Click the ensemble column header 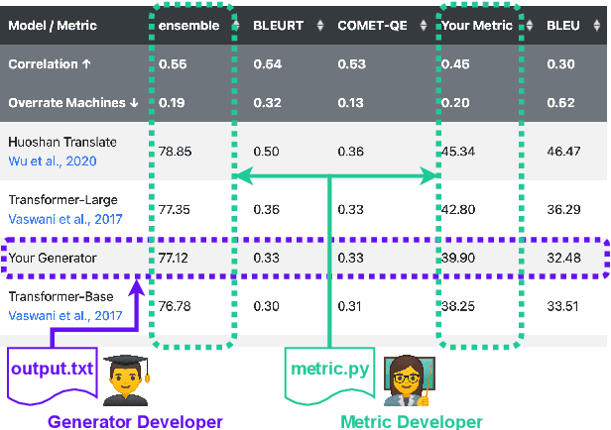(x=188, y=25)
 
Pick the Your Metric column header (x=480, y=25)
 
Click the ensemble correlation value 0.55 (x=175, y=63)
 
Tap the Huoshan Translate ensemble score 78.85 (x=177, y=151)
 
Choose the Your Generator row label (x=53, y=257)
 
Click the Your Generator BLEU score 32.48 (x=563, y=257)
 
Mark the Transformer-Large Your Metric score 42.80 (x=461, y=209)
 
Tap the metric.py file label (x=328, y=370)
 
